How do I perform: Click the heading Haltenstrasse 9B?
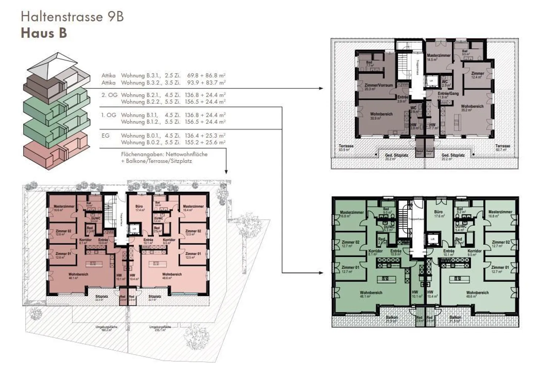click(72, 17)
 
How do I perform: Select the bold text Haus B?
click(44, 33)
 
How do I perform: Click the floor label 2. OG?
click(109, 95)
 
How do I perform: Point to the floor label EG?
click(106, 136)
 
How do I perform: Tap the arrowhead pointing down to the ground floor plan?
click(226, 171)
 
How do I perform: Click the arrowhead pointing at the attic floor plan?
click(321, 88)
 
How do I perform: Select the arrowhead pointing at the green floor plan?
click(321, 273)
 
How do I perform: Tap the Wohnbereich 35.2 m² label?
click(472, 108)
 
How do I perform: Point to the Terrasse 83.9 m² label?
click(346, 148)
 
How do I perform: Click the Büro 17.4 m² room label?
click(139, 208)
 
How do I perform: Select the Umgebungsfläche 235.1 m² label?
click(160, 328)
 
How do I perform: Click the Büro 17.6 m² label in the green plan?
click(438, 214)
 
